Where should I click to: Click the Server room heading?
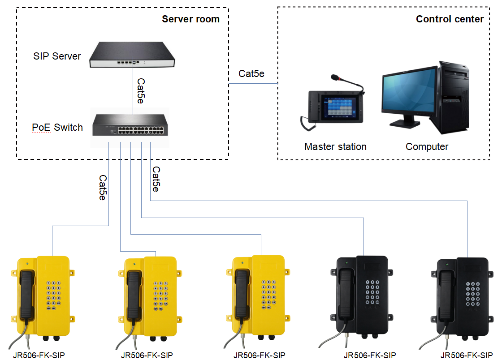190,19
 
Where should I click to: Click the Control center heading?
450,19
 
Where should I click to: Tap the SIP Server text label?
57,56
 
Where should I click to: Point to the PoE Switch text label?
57,128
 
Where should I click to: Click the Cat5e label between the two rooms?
251,74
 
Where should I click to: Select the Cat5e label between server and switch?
140,91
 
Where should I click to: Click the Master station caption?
335,147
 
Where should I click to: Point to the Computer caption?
427,147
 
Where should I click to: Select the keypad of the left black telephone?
372,293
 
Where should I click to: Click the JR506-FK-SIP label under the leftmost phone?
39,355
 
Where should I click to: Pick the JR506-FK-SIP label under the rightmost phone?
466,355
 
